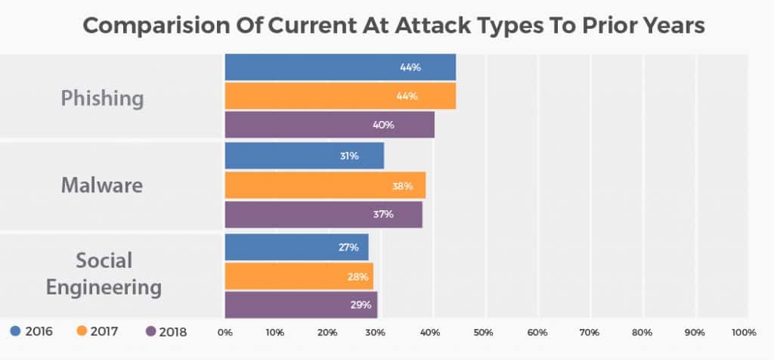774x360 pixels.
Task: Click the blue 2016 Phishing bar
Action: [x=340, y=67]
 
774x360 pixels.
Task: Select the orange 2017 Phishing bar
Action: [x=340, y=96]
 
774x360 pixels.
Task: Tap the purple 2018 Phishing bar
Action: [x=330, y=125]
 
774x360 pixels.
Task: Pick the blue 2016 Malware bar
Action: [x=305, y=156]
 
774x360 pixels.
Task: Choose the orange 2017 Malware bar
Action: [x=325, y=185]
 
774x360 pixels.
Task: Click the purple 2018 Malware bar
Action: [x=324, y=214]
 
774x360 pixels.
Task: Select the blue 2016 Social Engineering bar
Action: [x=296, y=247]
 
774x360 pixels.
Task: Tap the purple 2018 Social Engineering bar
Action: [x=301, y=305]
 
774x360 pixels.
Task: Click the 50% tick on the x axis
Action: [x=484, y=332]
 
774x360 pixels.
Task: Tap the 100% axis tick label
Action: [x=744, y=332]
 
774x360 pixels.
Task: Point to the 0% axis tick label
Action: [x=224, y=332]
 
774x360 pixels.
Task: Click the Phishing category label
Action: [x=102, y=98]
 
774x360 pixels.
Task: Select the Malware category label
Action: [x=102, y=185]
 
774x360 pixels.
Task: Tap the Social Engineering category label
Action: [x=104, y=274]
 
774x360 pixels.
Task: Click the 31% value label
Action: [x=348, y=156]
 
